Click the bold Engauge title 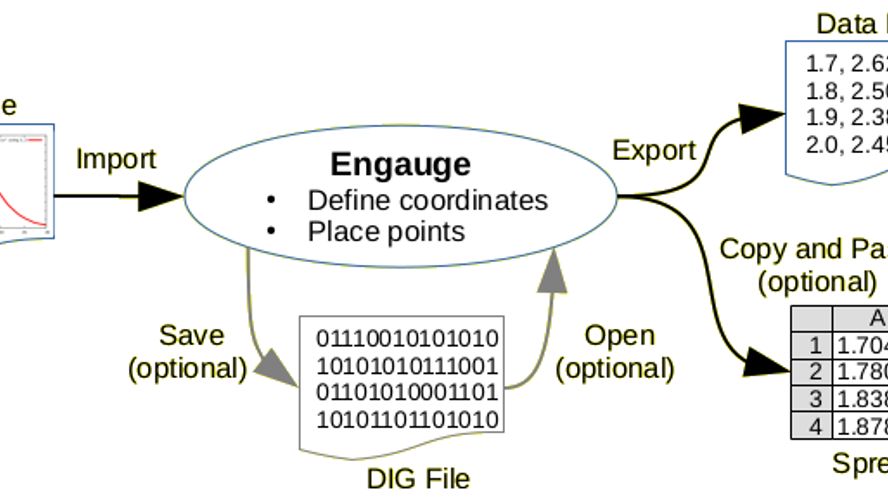pyautogui.click(x=400, y=164)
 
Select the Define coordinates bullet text pyautogui.click(x=427, y=200)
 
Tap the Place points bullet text pyautogui.click(x=386, y=232)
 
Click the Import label pyautogui.click(x=116, y=159)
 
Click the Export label pyautogui.click(x=654, y=151)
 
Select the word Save pyautogui.click(x=191, y=334)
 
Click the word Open pyautogui.click(x=619, y=335)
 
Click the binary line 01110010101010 pyautogui.click(x=407, y=337)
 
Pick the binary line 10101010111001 pyautogui.click(x=407, y=364)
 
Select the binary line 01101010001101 pyautogui.click(x=407, y=391)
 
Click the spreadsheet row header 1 pyautogui.click(x=815, y=345)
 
